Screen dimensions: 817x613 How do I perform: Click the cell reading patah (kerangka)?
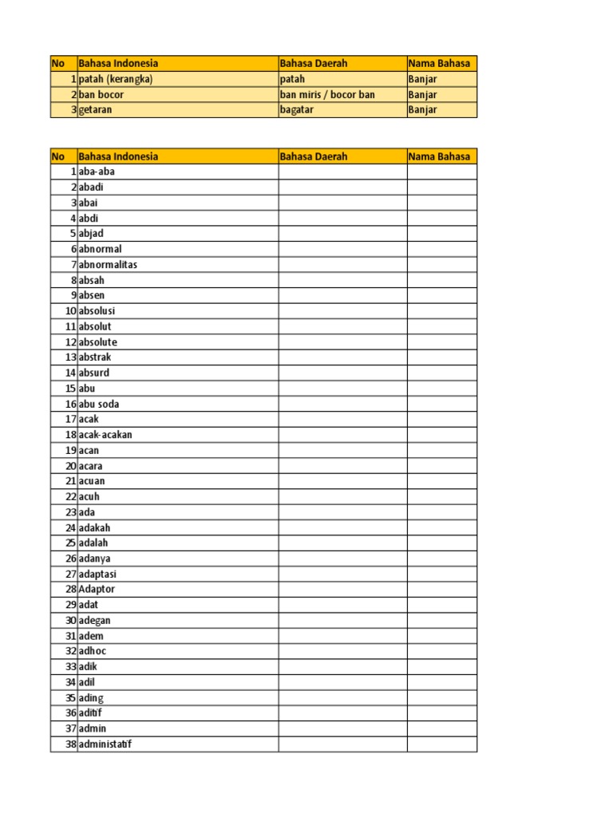click(116, 79)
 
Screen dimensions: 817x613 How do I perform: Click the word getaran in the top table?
click(96, 110)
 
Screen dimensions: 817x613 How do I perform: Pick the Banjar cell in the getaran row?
click(423, 110)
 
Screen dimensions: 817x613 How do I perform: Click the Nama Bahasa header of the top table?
click(439, 63)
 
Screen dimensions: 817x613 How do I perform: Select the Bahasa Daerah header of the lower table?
click(314, 156)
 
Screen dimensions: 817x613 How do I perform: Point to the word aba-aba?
click(97, 172)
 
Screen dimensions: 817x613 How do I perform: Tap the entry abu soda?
click(99, 404)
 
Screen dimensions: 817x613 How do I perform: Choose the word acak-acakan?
click(105, 435)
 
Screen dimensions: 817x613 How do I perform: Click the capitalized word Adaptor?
click(97, 589)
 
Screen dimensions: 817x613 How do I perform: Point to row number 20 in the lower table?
click(70, 466)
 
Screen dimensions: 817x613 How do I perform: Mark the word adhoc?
click(93, 651)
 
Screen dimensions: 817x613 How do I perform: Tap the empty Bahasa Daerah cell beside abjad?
click(342, 234)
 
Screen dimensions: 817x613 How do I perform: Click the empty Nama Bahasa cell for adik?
click(441, 666)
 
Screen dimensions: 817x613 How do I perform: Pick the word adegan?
click(94, 620)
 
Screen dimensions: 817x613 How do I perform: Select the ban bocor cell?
click(101, 94)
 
